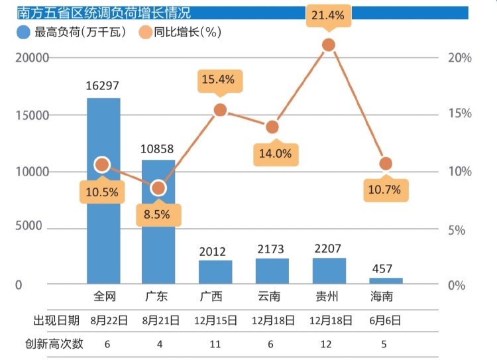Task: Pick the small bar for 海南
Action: point(386,280)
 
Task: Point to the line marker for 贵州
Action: point(328,45)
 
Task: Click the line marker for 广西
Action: point(221,110)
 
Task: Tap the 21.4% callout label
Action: point(328,15)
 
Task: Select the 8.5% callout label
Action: point(158,214)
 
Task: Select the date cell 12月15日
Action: point(215,320)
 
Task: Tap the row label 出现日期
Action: point(57,320)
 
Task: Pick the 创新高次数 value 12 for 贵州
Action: point(329,343)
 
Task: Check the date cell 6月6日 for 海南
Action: point(386,320)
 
